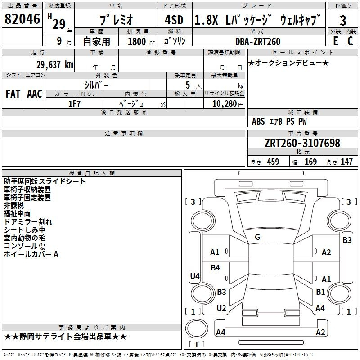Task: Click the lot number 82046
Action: point(22,19)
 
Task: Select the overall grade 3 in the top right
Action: point(343,20)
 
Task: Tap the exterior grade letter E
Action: point(336,41)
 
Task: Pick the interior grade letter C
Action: point(350,41)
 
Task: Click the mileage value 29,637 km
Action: point(55,65)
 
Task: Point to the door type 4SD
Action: point(174,20)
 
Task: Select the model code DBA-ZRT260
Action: point(258,41)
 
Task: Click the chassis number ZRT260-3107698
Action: point(302,143)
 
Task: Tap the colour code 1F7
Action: point(74,104)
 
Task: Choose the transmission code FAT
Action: point(13,94)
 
